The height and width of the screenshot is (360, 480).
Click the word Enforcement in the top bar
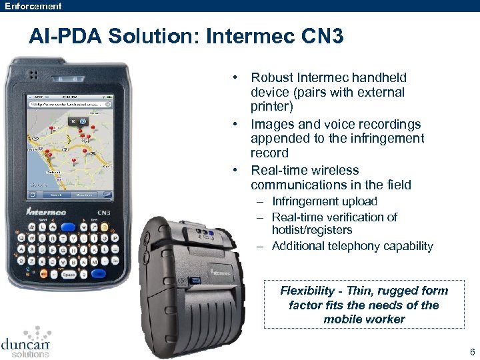[x=33, y=6]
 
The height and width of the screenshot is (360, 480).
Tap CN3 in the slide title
[x=323, y=37]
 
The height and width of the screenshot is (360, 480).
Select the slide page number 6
[x=472, y=352]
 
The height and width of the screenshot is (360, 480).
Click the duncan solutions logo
[x=26, y=343]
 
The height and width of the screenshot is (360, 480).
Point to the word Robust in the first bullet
[x=272, y=78]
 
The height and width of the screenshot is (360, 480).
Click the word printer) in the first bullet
[x=272, y=107]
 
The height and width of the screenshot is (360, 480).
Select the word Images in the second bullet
[x=271, y=124]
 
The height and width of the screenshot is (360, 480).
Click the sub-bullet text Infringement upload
[x=325, y=201]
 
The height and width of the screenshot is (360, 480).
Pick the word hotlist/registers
[x=312, y=230]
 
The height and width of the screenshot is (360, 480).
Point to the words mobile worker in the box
[x=364, y=319]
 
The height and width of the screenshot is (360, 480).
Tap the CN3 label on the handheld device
[x=102, y=213]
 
